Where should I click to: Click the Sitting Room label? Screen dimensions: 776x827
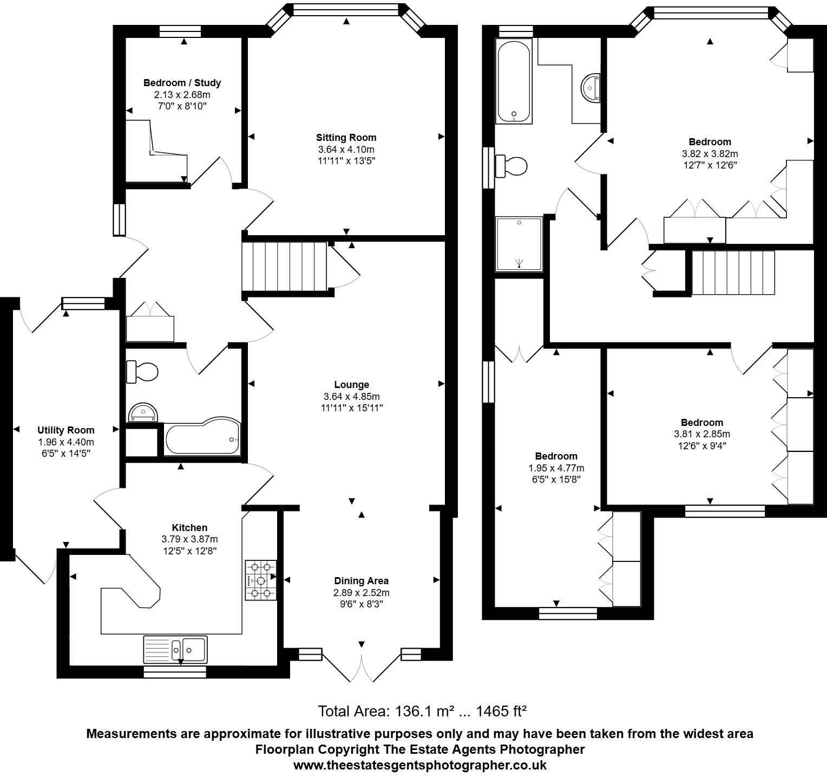346,138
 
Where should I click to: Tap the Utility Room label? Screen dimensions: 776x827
65,430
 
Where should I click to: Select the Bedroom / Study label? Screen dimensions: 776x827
182,83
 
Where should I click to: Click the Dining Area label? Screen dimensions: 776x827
361,581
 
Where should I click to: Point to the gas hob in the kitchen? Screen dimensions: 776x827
260,580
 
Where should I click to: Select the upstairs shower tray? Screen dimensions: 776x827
519,244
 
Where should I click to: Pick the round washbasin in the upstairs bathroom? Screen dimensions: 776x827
590,87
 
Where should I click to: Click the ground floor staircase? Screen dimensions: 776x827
284,267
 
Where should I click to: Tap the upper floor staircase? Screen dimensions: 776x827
733,273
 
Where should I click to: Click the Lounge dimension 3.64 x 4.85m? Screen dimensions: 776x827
351,397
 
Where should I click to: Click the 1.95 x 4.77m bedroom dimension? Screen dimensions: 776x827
556,468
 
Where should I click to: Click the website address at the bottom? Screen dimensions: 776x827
419,765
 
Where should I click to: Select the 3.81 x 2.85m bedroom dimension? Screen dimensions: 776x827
701,434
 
